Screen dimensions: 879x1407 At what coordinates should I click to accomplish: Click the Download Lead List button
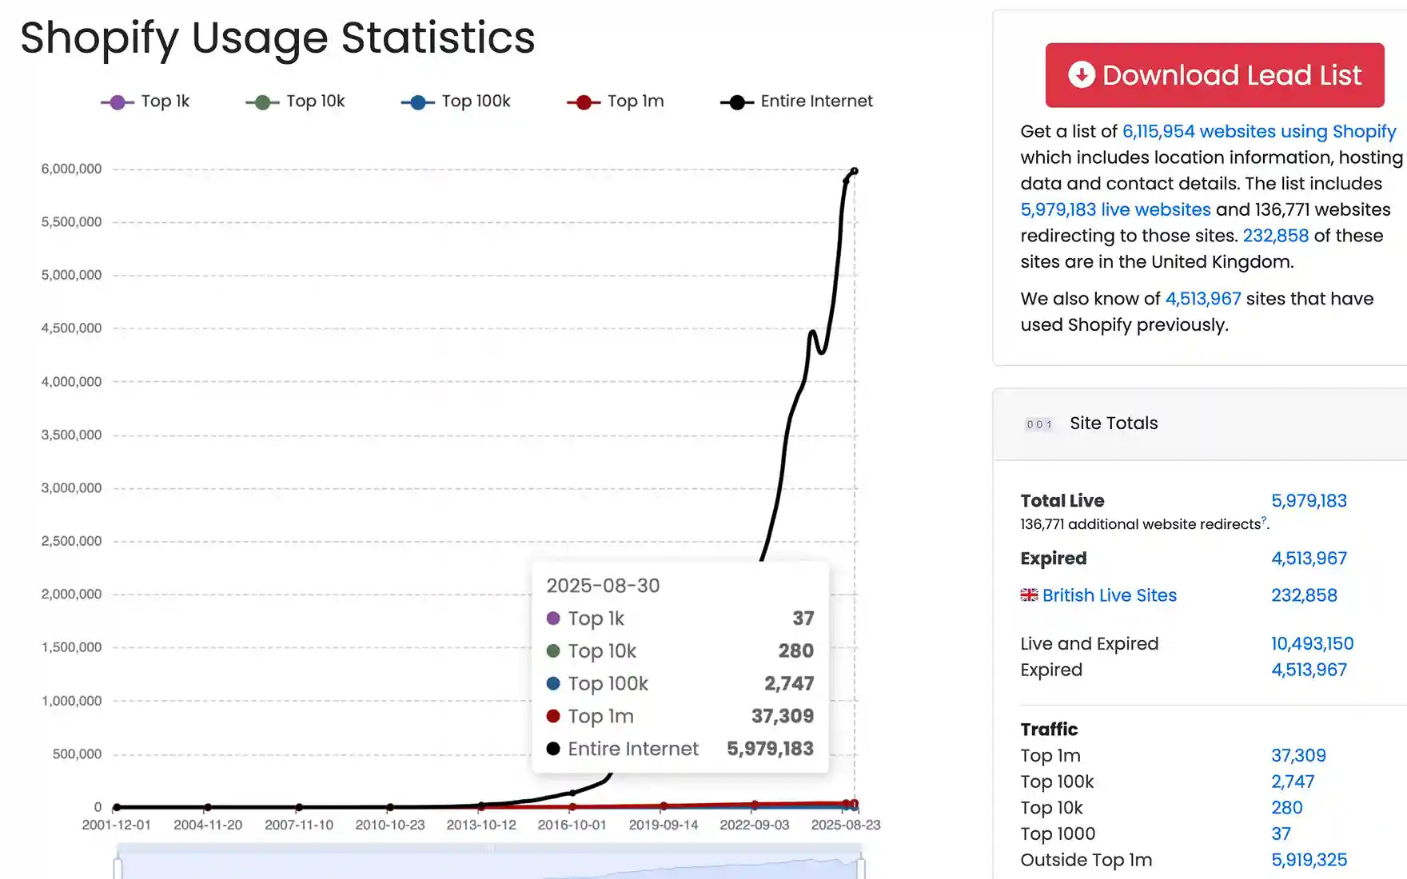[1214, 75]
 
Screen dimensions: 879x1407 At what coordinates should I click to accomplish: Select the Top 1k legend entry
[145, 101]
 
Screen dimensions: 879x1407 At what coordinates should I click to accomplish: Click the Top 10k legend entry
[296, 101]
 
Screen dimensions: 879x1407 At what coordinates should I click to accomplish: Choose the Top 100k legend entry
[456, 101]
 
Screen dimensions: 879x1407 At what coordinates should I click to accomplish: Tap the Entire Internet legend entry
[797, 101]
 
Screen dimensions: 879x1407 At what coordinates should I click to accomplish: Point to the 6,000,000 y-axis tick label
[71, 169]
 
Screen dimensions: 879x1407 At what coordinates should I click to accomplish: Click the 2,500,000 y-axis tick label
[71, 541]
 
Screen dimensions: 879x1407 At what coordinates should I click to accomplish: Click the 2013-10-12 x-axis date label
[481, 825]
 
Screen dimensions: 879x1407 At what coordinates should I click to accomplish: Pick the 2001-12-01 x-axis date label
[117, 825]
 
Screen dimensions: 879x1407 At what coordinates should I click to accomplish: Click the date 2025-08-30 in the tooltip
[603, 586]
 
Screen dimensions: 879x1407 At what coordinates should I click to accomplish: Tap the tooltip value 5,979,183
[770, 749]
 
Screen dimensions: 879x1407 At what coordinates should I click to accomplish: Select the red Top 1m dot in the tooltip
[552, 716]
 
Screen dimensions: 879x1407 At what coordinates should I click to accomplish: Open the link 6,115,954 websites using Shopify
[1258, 131]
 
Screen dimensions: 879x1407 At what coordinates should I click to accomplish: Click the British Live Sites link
[1109, 595]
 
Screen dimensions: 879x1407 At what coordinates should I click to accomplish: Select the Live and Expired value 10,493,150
[1312, 643]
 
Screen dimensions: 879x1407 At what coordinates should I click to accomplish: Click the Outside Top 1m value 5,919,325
[1309, 860]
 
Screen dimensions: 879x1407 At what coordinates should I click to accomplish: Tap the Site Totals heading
[1114, 424]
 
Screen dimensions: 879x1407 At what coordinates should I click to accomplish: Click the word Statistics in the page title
[438, 38]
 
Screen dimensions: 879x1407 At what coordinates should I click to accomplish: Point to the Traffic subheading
[1049, 729]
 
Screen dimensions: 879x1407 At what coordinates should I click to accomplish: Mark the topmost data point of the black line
[855, 171]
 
